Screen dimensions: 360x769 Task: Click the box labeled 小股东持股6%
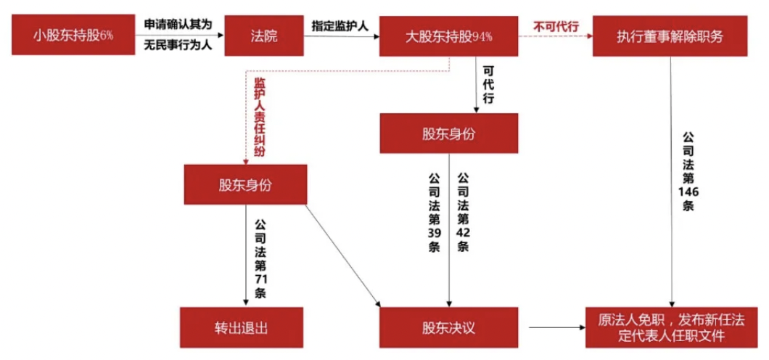click(73, 35)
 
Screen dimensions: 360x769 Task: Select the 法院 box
click(263, 35)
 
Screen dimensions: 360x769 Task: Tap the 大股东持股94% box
click(448, 35)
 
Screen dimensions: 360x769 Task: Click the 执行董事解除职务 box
click(669, 35)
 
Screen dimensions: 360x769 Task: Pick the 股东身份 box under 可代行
click(449, 134)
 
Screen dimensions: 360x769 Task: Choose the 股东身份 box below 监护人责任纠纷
click(245, 184)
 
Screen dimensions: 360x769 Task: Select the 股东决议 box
click(448, 327)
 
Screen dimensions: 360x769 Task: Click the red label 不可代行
click(556, 26)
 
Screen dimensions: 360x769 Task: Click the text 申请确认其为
click(177, 24)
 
